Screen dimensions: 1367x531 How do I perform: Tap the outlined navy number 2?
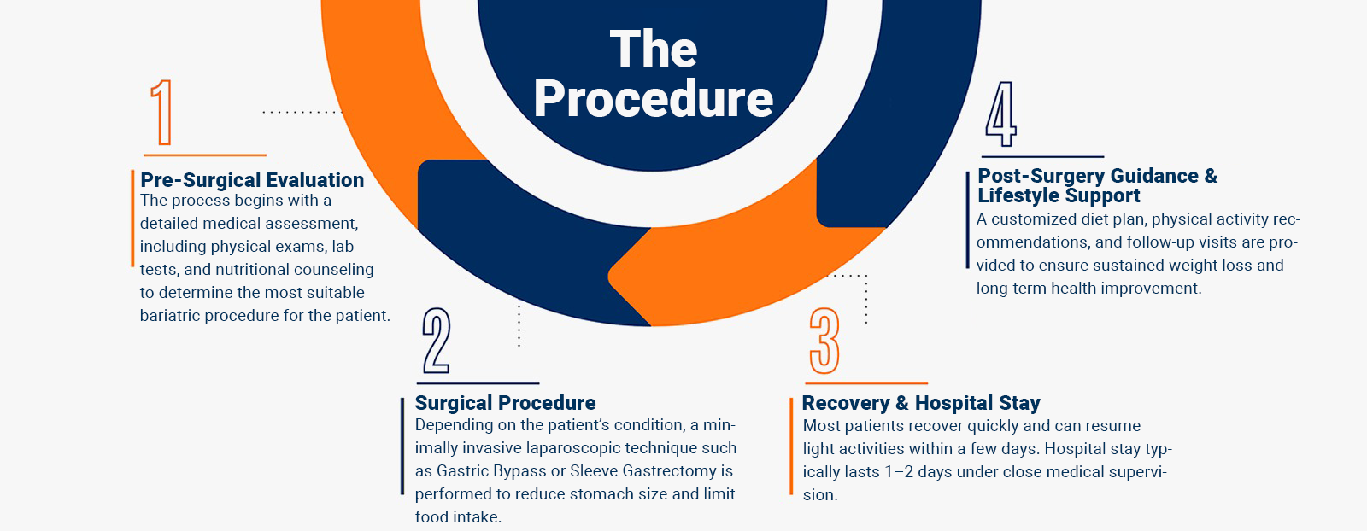(437, 340)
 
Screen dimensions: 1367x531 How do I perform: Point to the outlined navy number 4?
(1000, 114)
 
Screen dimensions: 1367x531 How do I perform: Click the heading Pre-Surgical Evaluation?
(252, 180)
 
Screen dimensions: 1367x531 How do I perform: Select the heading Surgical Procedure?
(505, 403)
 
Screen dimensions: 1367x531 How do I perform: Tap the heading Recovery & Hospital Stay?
(921, 403)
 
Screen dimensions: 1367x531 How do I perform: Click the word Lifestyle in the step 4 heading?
(1015, 195)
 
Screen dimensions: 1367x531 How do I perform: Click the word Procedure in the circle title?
(654, 98)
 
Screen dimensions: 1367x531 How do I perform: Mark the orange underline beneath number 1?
(205, 155)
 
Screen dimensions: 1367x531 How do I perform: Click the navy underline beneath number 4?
(1043, 157)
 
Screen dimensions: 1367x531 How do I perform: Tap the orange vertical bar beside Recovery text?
(791, 446)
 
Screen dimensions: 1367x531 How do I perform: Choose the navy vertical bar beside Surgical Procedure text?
(402, 446)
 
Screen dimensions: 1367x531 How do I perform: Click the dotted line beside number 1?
(302, 112)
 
